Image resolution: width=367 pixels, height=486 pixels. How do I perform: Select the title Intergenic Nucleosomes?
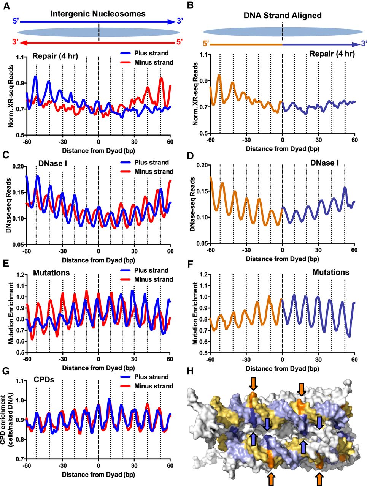(98, 14)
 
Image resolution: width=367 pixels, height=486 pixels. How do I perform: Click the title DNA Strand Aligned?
(283, 16)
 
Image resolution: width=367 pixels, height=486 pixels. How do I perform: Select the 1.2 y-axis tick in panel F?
(202, 274)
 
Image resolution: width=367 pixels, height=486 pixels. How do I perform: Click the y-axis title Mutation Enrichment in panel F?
(195, 313)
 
